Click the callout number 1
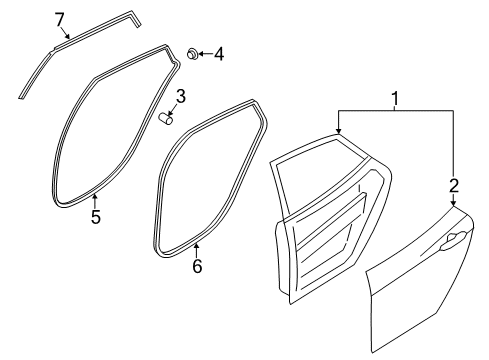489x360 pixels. (x=395, y=99)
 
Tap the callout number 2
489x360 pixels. (x=454, y=186)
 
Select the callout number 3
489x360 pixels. (x=180, y=97)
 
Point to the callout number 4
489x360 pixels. (x=219, y=54)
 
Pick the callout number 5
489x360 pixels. (x=96, y=217)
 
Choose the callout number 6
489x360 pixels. (x=197, y=266)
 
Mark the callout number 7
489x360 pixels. (x=59, y=20)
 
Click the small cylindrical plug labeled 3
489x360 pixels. (x=166, y=118)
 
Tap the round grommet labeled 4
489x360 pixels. (x=192, y=53)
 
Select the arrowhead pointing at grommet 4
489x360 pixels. (x=201, y=54)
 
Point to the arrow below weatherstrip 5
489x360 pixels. (x=95, y=201)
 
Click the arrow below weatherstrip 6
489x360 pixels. (x=197, y=251)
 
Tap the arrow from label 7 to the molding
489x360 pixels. (x=65, y=33)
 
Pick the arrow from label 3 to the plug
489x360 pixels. (x=173, y=110)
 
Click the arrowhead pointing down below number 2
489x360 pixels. (x=453, y=203)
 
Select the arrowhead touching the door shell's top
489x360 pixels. (x=338, y=131)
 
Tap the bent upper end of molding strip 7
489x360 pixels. (x=135, y=19)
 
